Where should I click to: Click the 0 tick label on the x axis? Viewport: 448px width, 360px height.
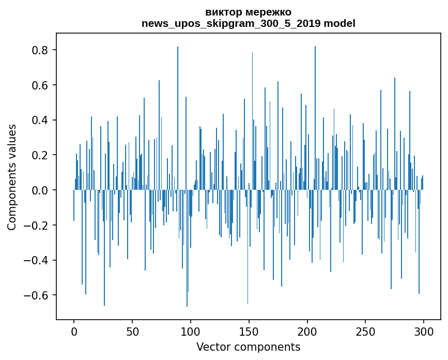(x=74, y=332)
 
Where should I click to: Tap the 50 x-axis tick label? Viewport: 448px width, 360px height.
(x=132, y=332)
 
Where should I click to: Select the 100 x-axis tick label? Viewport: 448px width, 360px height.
(x=191, y=332)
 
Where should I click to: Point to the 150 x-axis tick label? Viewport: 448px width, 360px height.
(x=249, y=332)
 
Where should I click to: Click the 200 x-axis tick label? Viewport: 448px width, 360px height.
(x=307, y=332)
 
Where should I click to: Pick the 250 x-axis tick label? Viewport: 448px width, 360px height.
(x=365, y=332)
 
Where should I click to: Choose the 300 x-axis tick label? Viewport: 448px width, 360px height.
(x=424, y=332)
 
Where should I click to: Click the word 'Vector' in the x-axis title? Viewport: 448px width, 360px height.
(x=212, y=347)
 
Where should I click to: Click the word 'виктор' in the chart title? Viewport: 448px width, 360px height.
(x=220, y=12)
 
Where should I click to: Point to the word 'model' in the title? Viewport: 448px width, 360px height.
(x=339, y=23)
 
